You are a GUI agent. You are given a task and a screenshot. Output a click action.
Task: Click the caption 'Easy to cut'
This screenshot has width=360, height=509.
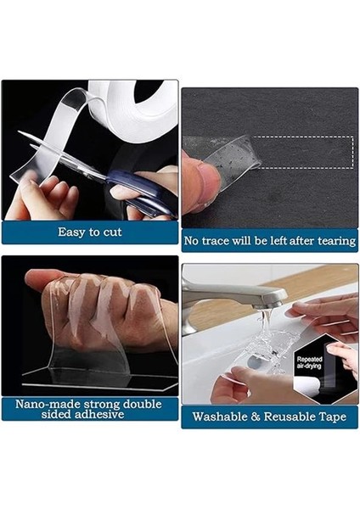pos(89,232)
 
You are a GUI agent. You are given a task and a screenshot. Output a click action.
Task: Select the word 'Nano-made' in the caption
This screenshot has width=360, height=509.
pos(40,403)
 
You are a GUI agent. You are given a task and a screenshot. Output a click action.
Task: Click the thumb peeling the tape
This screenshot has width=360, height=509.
pos(197,182)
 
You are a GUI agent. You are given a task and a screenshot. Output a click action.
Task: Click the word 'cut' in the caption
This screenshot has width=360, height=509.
pos(112,232)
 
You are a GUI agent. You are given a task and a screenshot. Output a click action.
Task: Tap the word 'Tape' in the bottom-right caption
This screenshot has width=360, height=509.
pos(333,417)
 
